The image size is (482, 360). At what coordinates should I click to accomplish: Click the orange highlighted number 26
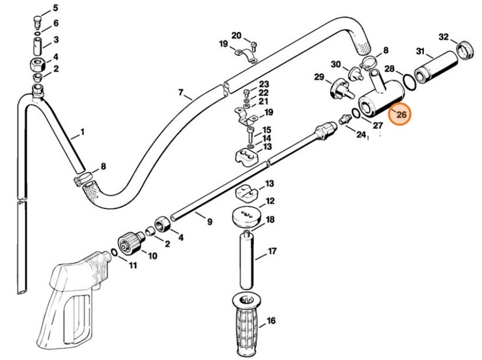click(401, 115)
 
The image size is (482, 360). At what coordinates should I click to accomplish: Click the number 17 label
click(272, 250)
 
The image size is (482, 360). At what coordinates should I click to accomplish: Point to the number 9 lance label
click(209, 222)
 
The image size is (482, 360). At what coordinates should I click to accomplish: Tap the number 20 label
click(236, 35)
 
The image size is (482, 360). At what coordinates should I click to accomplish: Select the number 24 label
click(361, 133)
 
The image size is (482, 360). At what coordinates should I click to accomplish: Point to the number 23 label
click(264, 85)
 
